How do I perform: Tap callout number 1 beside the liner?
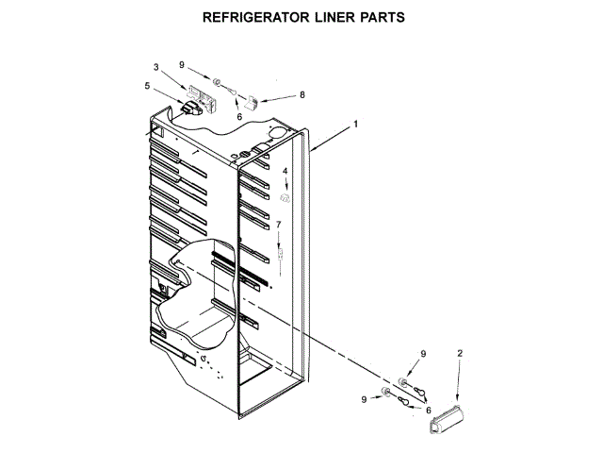(356, 125)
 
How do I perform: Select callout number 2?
(460, 353)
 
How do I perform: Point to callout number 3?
(156, 67)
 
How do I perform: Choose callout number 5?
(147, 86)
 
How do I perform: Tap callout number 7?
(278, 225)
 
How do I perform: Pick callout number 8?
(302, 94)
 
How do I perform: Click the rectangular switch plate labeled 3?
(199, 94)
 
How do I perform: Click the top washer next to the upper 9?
(216, 82)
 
